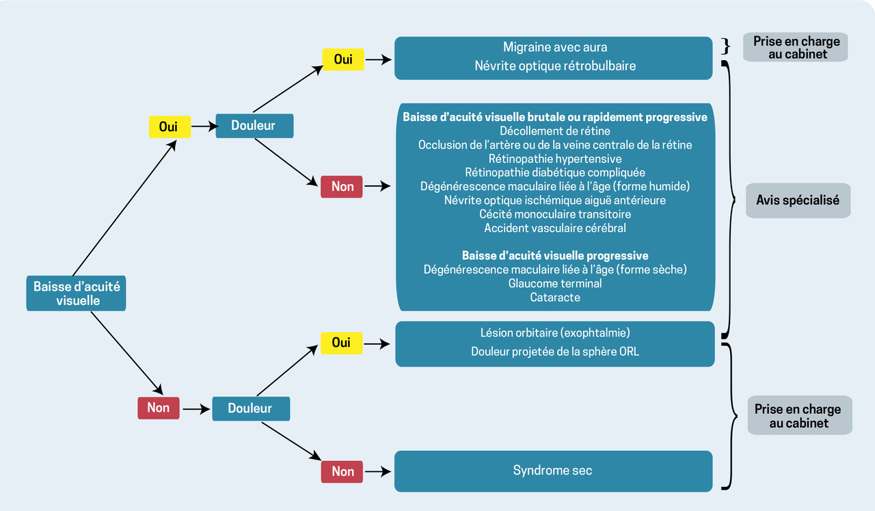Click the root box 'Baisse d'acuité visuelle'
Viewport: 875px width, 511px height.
76,293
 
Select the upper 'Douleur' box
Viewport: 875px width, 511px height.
254,126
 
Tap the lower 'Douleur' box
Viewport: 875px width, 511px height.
251,408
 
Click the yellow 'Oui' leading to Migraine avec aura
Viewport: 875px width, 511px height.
342,60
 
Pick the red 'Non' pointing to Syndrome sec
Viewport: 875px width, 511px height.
342,471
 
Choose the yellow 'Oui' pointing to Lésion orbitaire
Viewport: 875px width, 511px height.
341,343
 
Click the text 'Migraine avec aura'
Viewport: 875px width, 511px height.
554,48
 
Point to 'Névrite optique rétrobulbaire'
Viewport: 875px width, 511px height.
554,66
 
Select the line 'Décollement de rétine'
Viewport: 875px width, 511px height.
554,131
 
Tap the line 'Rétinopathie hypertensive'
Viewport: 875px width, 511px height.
554,159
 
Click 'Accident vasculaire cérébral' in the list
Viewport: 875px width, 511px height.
554,228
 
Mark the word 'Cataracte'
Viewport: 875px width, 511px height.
554,298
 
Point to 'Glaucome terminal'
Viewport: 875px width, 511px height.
554,283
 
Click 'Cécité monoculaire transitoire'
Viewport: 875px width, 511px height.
554,214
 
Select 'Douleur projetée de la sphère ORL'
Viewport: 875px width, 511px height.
554,352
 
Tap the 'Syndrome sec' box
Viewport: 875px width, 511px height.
553,471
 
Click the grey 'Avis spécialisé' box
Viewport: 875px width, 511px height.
798,200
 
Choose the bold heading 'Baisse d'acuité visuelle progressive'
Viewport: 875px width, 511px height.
554,256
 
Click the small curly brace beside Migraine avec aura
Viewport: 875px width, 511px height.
726,47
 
